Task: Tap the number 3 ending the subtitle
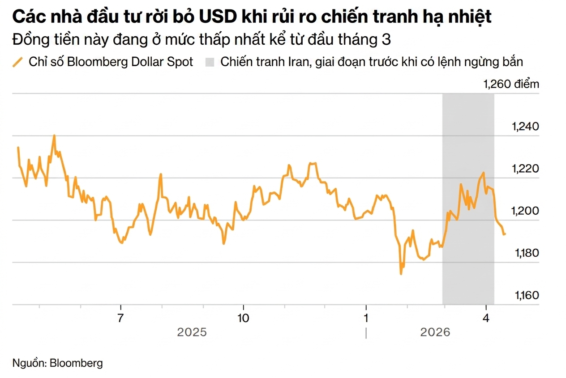386,39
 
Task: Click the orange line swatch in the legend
18,62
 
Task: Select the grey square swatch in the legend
210,62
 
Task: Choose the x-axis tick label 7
120,319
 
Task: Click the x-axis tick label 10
243,319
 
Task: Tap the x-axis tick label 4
486,319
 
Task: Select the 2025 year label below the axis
192,333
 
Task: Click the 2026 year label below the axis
435,333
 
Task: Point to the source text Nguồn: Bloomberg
57,363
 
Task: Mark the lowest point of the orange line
400,274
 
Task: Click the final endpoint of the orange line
505,234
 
